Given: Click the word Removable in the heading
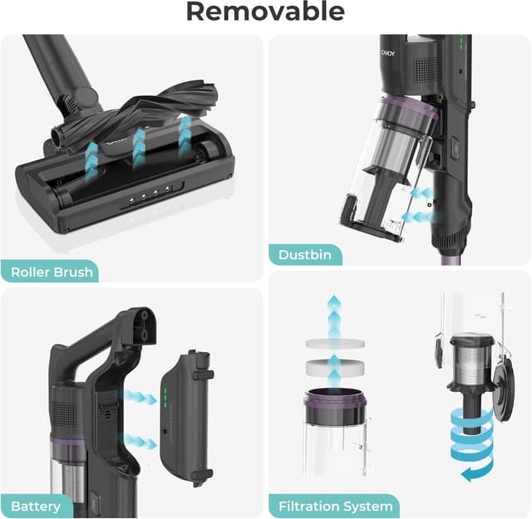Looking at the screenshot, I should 265,12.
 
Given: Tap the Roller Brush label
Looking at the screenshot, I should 52,272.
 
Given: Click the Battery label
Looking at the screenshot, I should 37,505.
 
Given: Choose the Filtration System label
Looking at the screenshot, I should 335,506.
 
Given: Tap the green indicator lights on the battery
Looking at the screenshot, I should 166,399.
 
